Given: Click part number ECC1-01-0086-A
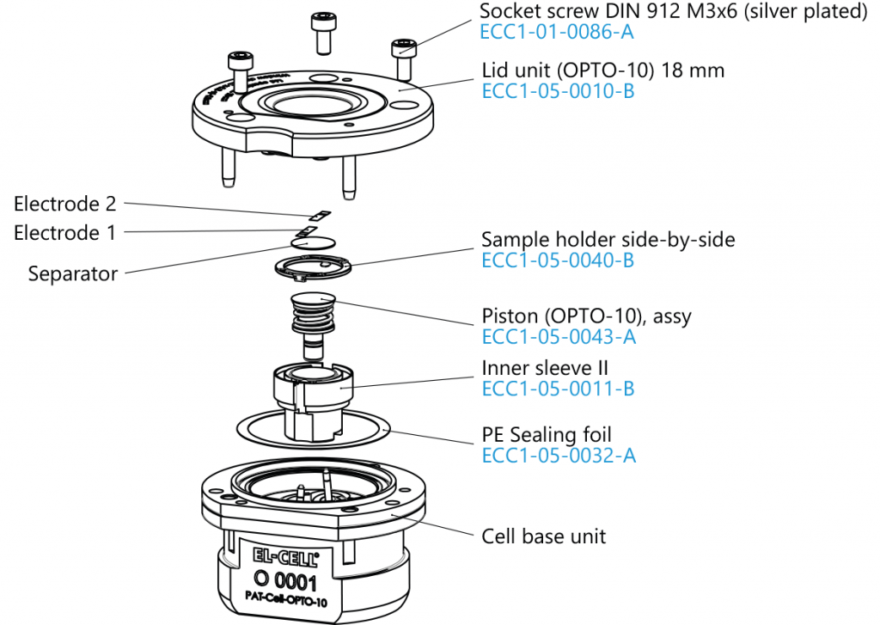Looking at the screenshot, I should coord(557,34).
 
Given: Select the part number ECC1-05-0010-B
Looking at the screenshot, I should coord(558,92).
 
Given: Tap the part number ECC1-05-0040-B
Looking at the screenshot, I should coord(558,260).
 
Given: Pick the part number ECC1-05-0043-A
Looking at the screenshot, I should coord(558,337).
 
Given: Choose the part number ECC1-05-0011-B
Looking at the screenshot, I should coord(558,389).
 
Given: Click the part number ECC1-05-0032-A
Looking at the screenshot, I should coord(558,456).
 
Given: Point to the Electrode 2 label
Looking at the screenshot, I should coord(64,205).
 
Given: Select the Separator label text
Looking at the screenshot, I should coord(73,274).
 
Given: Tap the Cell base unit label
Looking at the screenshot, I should coord(543,536).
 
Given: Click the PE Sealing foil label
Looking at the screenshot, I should coord(547,435).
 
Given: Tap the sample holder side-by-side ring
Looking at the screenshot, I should coord(314,268).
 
